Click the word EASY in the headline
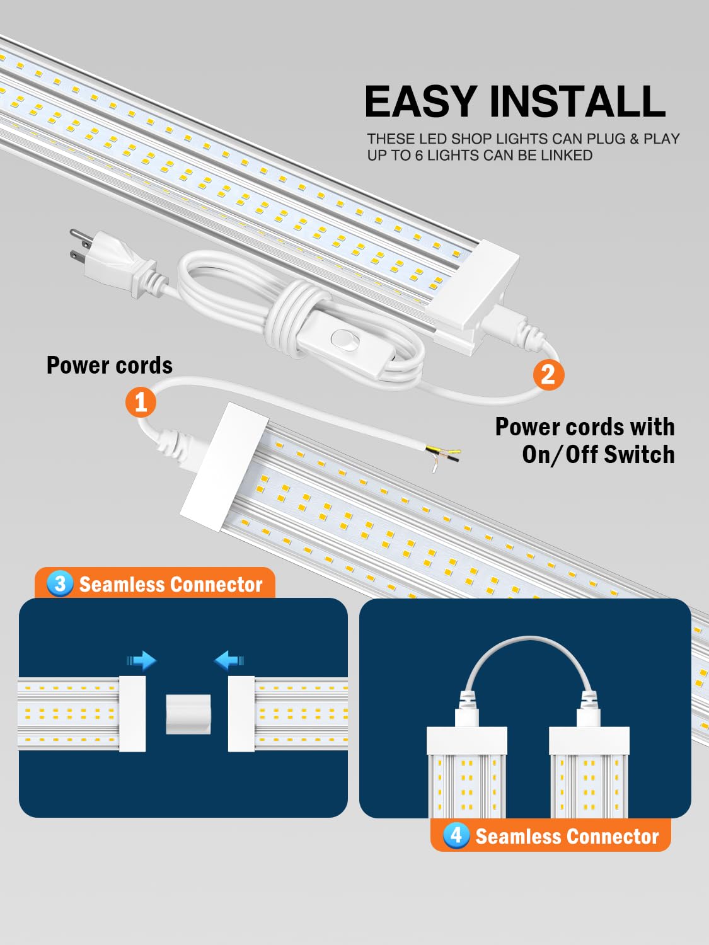pos(420,101)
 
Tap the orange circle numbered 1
pos(141,402)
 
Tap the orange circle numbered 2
pos(548,374)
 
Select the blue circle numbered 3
pos(60,583)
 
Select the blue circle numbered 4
pos(456,835)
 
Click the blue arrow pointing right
pos(142,660)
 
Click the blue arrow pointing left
pos(228,660)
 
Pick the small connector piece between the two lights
pos(188,714)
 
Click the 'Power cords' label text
pos(110,365)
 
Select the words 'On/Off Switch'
pos(598,454)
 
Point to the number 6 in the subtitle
pos(418,155)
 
